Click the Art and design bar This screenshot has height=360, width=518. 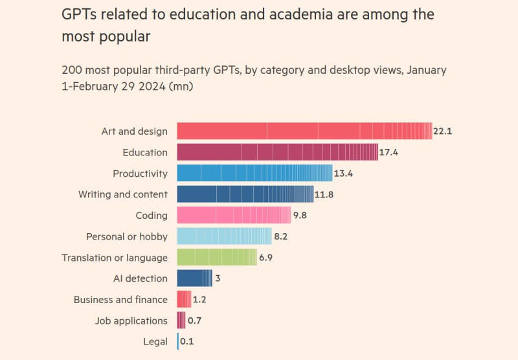[304, 131]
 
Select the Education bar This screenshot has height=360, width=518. [277, 152]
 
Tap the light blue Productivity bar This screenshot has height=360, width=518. [254, 174]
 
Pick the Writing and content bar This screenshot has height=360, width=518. [244, 194]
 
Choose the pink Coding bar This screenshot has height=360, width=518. [234, 215]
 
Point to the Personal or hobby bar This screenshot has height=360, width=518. [224, 236]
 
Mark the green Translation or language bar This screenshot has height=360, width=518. [217, 258]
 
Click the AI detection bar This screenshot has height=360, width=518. [194, 278]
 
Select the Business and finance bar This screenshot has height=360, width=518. [184, 299]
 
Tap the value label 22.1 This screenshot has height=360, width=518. [442, 131]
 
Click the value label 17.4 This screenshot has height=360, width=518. [388, 153]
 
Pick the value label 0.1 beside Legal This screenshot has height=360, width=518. [187, 341]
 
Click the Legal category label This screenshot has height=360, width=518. [155, 341]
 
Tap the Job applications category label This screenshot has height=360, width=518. [131, 321]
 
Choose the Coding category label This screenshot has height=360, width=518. [152, 215]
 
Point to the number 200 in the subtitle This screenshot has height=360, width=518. [72, 70]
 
